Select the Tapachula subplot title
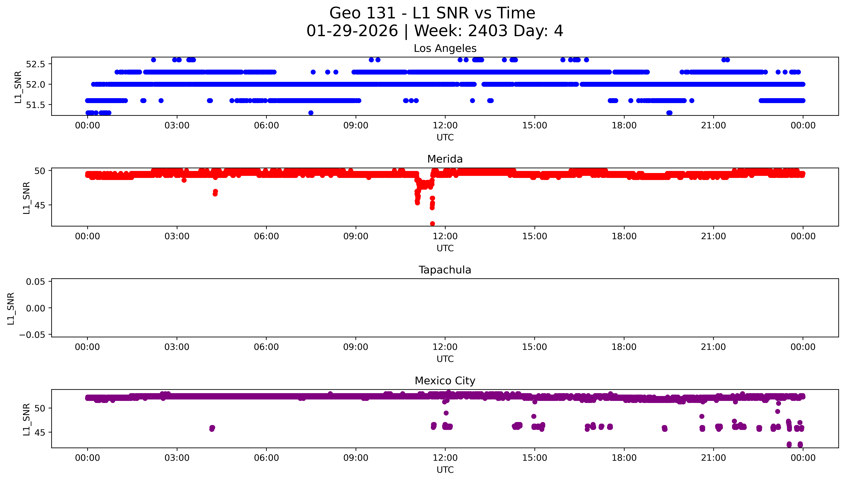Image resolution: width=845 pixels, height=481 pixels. [445, 270]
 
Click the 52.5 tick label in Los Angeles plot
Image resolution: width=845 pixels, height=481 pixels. [35, 64]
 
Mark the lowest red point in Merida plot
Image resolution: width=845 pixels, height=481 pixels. [432, 224]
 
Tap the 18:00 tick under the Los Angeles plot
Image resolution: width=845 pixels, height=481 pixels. [624, 126]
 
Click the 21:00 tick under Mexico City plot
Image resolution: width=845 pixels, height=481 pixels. [713, 458]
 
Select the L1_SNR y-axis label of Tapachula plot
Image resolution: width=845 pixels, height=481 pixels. [11, 308]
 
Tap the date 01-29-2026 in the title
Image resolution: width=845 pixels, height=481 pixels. [352, 31]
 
